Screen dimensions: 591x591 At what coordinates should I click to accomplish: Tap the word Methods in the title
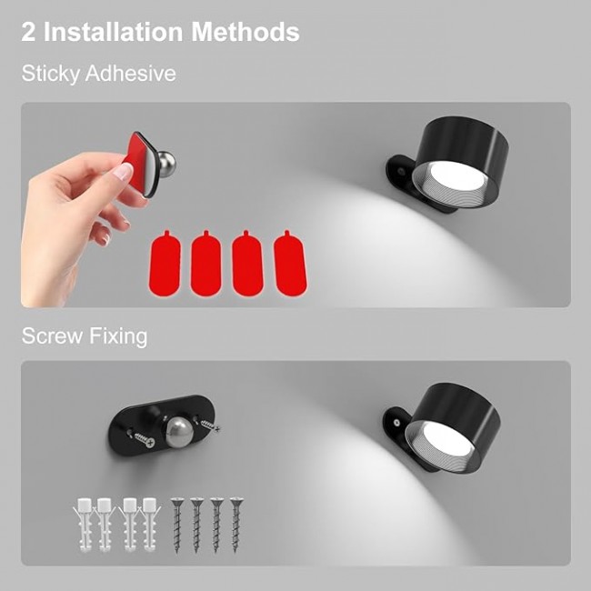(245, 32)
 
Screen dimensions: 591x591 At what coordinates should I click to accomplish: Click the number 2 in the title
(28, 32)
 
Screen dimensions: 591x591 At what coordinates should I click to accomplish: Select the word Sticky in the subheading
(49, 74)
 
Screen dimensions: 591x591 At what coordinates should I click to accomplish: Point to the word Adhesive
(130, 73)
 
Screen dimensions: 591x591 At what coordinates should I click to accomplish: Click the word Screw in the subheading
(53, 336)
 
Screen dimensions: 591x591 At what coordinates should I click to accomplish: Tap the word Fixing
(118, 336)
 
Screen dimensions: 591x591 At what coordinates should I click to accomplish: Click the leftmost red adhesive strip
(165, 263)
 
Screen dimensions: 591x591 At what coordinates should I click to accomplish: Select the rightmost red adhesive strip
(290, 263)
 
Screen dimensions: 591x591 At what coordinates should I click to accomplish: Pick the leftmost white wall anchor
(84, 525)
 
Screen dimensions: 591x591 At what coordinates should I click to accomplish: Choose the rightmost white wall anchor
(150, 525)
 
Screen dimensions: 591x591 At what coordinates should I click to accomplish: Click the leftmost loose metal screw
(176, 526)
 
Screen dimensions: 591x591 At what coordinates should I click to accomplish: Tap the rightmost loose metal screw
(236, 526)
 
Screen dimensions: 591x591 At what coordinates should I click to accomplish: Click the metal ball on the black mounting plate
(180, 432)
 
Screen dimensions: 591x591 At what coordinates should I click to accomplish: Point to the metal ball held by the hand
(166, 165)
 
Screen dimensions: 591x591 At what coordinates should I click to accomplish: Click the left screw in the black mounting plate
(145, 439)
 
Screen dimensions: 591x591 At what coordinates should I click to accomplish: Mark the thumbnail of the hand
(123, 172)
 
